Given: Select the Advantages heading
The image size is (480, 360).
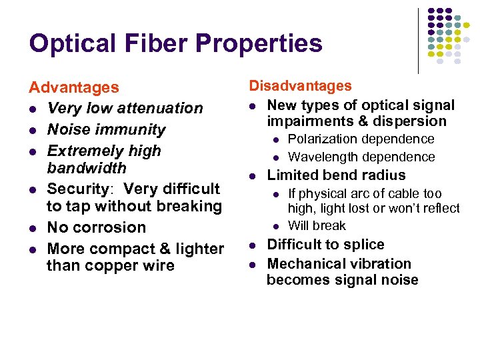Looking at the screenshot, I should (x=73, y=87).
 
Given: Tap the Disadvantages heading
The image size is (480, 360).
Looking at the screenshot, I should (x=300, y=86).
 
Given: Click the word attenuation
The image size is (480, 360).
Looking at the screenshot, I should (x=158, y=108).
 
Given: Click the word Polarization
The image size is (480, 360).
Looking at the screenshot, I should (x=323, y=139).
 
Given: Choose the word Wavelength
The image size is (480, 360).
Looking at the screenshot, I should (x=321, y=157).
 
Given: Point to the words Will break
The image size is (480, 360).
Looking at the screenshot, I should (x=317, y=226).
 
